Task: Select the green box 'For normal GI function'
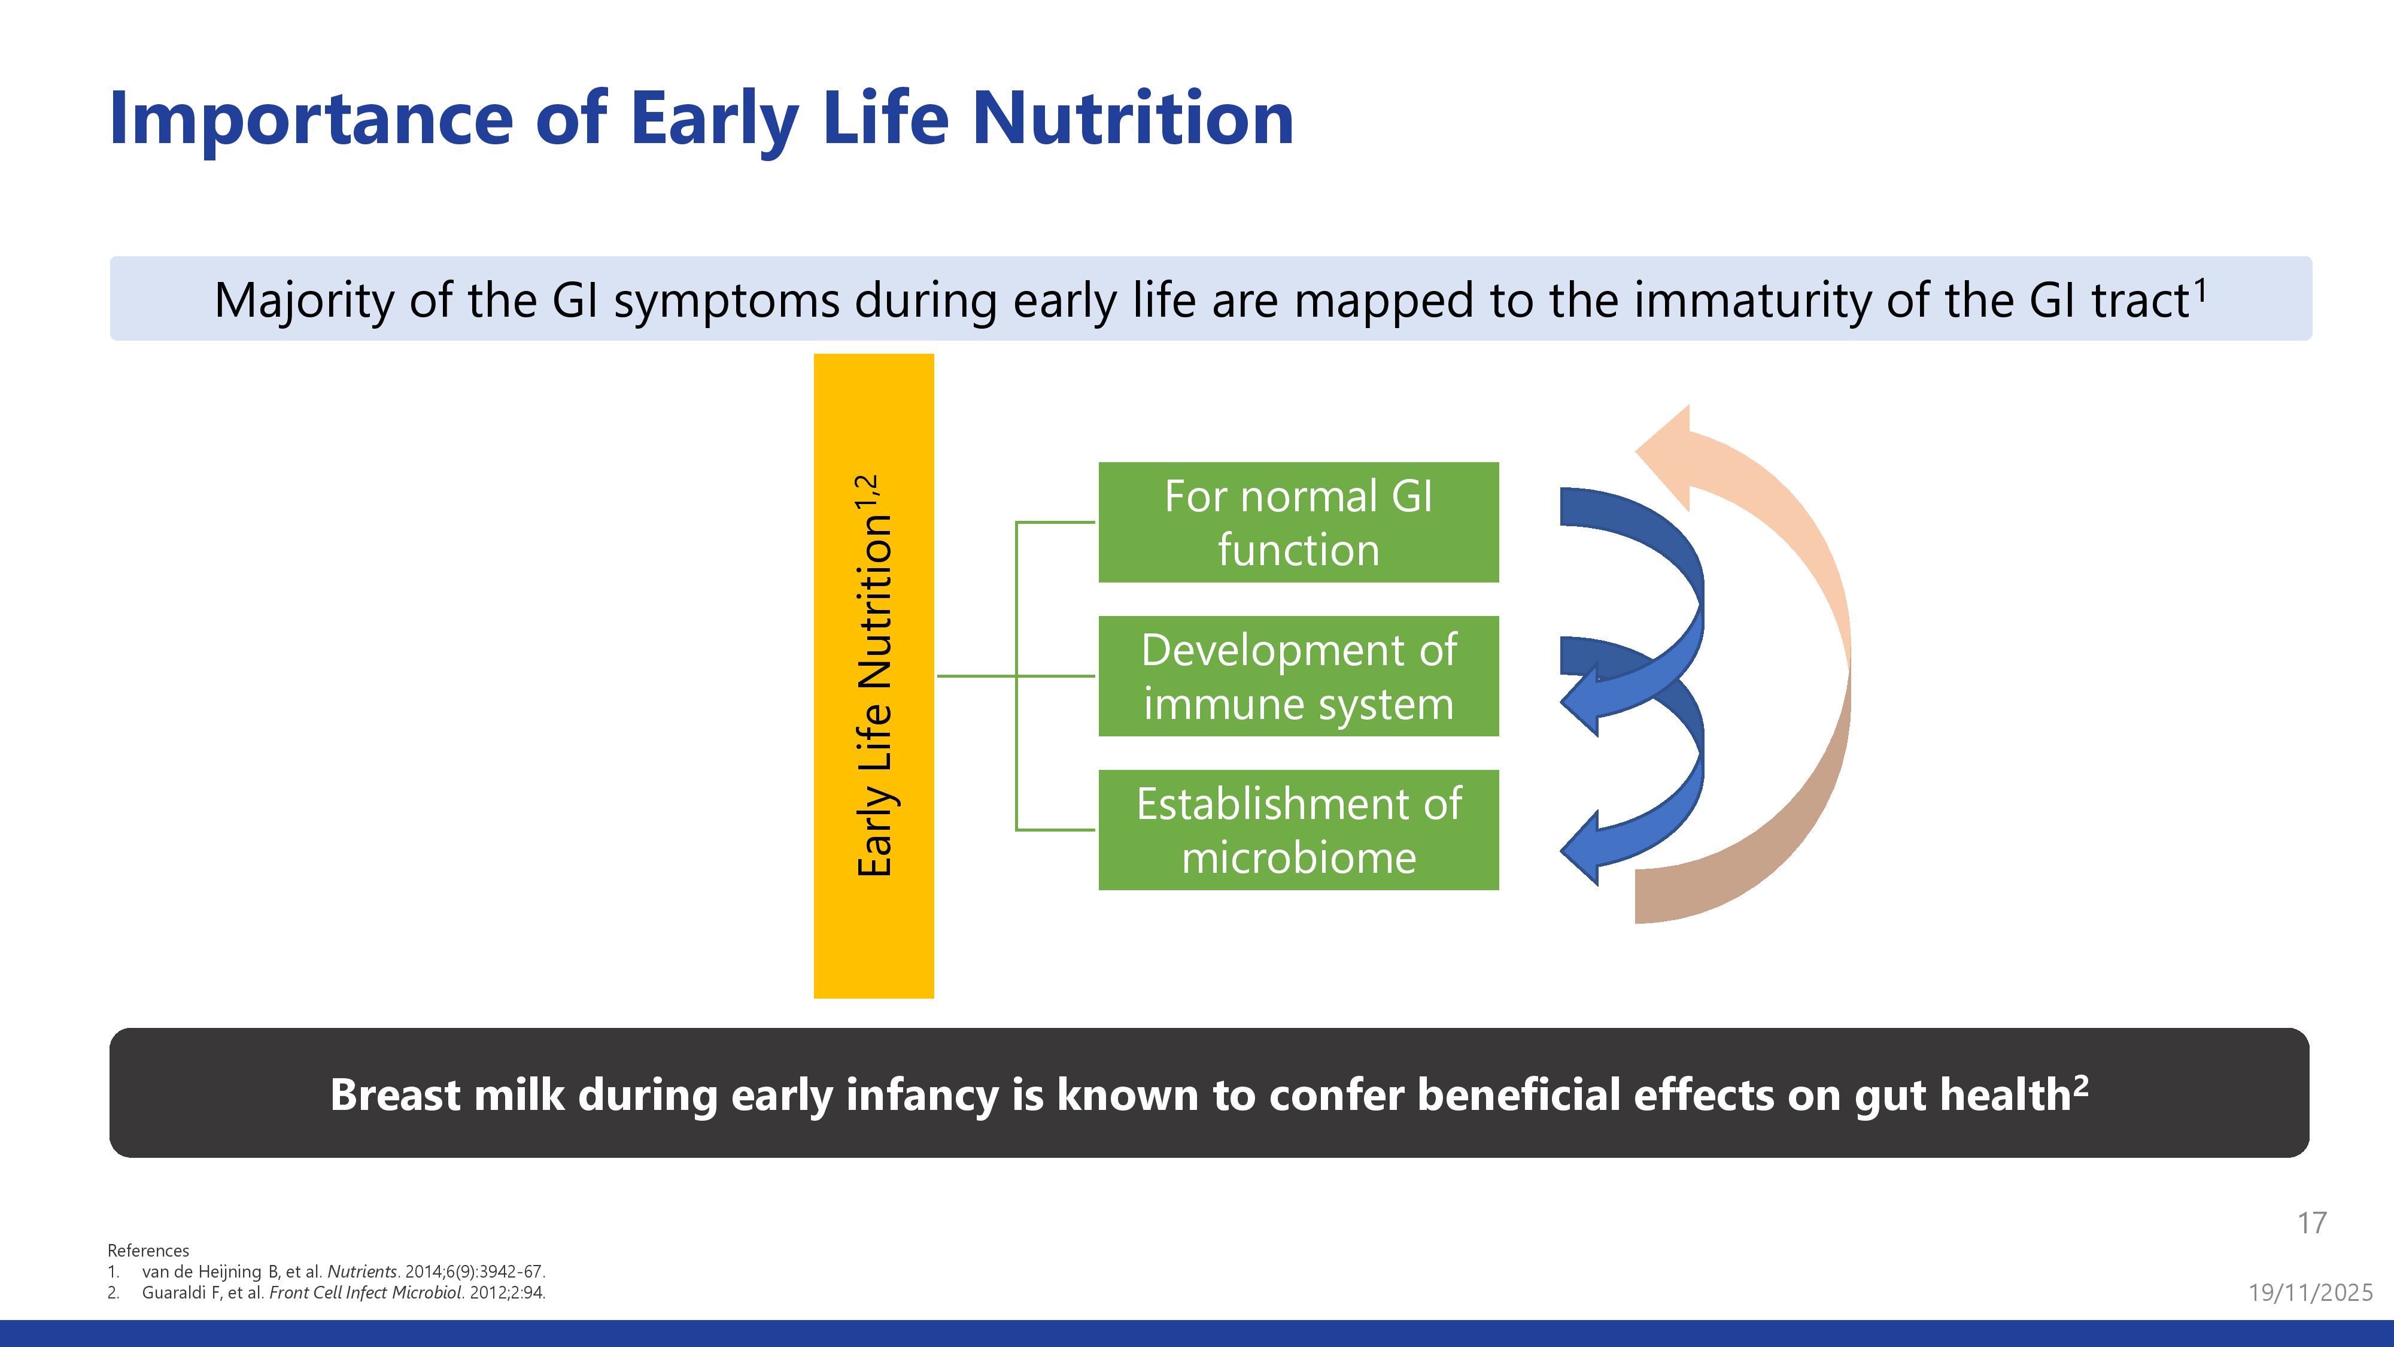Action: [1298, 523]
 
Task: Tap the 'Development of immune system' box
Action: [1298, 676]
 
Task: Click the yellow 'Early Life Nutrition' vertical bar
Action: [874, 676]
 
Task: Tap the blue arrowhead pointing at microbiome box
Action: [1580, 848]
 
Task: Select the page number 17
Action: [2312, 1222]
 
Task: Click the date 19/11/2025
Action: [2310, 1292]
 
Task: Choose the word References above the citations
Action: [148, 1251]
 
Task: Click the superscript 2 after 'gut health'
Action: [2081, 1085]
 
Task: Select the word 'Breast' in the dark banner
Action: [394, 1095]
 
